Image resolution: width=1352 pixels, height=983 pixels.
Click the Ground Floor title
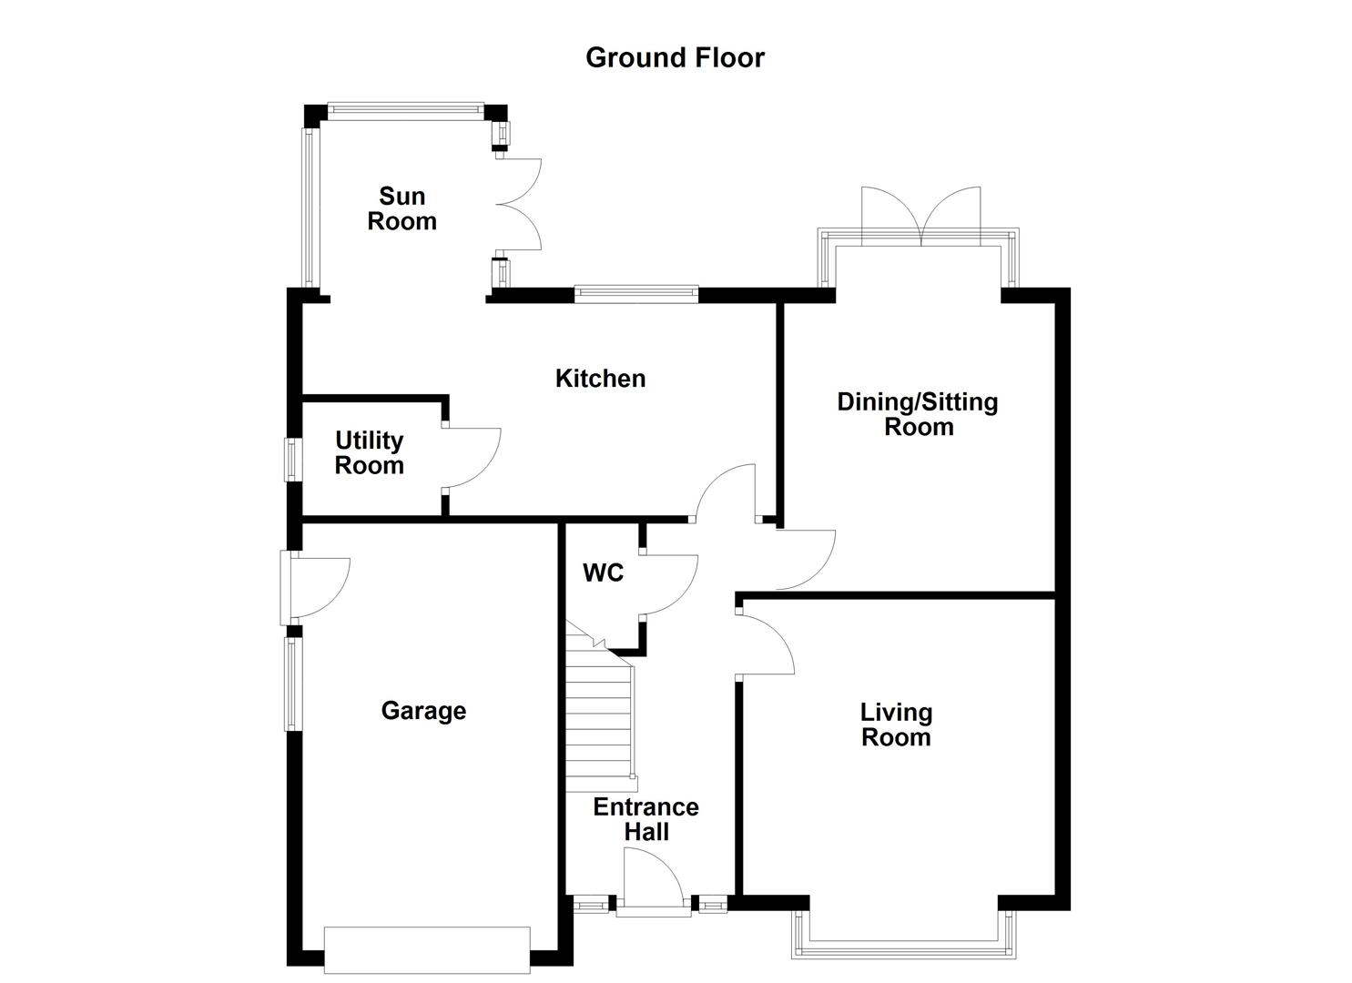[675, 57]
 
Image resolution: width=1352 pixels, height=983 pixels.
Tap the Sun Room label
[402, 208]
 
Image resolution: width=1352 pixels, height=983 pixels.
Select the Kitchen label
[600, 379]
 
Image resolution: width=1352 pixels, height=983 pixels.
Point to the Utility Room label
[369, 452]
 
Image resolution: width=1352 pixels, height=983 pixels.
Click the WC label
[603, 573]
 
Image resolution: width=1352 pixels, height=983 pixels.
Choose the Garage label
[423, 711]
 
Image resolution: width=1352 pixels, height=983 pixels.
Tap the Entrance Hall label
[646, 819]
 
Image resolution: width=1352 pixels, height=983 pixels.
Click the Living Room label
[896, 725]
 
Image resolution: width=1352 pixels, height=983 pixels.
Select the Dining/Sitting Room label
[918, 414]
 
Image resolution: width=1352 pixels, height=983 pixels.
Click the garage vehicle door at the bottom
[427, 949]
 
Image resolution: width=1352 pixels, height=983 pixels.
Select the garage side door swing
[319, 586]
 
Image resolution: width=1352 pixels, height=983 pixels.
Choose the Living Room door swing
[765, 645]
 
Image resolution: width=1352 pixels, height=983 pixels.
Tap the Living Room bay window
[902, 947]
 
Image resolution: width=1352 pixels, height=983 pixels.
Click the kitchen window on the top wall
[636, 293]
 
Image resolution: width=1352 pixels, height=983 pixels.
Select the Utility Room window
[291, 459]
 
